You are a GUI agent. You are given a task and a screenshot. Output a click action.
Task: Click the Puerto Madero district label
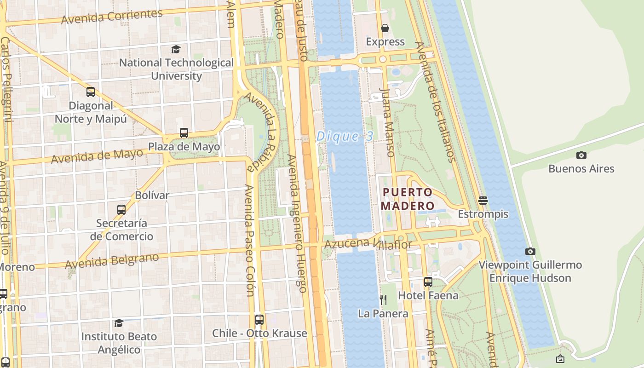(x=408, y=199)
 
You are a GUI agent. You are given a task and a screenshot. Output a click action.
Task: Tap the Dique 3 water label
(x=345, y=136)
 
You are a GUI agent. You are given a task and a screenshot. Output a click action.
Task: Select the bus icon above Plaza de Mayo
(x=184, y=133)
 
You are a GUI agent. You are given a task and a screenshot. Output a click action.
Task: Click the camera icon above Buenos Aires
(x=581, y=155)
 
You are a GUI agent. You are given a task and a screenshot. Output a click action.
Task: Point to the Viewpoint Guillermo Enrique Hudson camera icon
(x=530, y=251)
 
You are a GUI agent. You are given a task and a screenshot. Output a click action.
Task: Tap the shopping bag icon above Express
(x=385, y=28)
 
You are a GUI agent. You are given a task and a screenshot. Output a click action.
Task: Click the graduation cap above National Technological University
(x=176, y=49)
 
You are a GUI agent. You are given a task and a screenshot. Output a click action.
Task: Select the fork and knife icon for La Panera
(x=383, y=300)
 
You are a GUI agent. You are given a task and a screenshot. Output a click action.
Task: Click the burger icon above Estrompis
(x=483, y=200)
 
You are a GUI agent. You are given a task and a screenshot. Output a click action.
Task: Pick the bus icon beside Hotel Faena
(x=428, y=282)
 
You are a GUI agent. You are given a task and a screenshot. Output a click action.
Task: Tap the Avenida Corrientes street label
(x=112, y=17)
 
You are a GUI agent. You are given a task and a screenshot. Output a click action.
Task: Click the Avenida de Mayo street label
(x=97, y=156)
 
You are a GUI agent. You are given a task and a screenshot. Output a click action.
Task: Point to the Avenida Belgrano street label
(x=112, y=261)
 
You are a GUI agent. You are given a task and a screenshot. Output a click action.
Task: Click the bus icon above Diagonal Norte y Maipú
(x=91, y=92)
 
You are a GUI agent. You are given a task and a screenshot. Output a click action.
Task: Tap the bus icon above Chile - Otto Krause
(x=259, y=319)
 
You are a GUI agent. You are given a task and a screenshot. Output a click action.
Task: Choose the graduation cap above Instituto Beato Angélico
(x=119, y=323)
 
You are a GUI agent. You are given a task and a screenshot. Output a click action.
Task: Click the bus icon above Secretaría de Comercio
(x=121, y=210)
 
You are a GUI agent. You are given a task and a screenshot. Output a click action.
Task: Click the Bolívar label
(x=152, y=195)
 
